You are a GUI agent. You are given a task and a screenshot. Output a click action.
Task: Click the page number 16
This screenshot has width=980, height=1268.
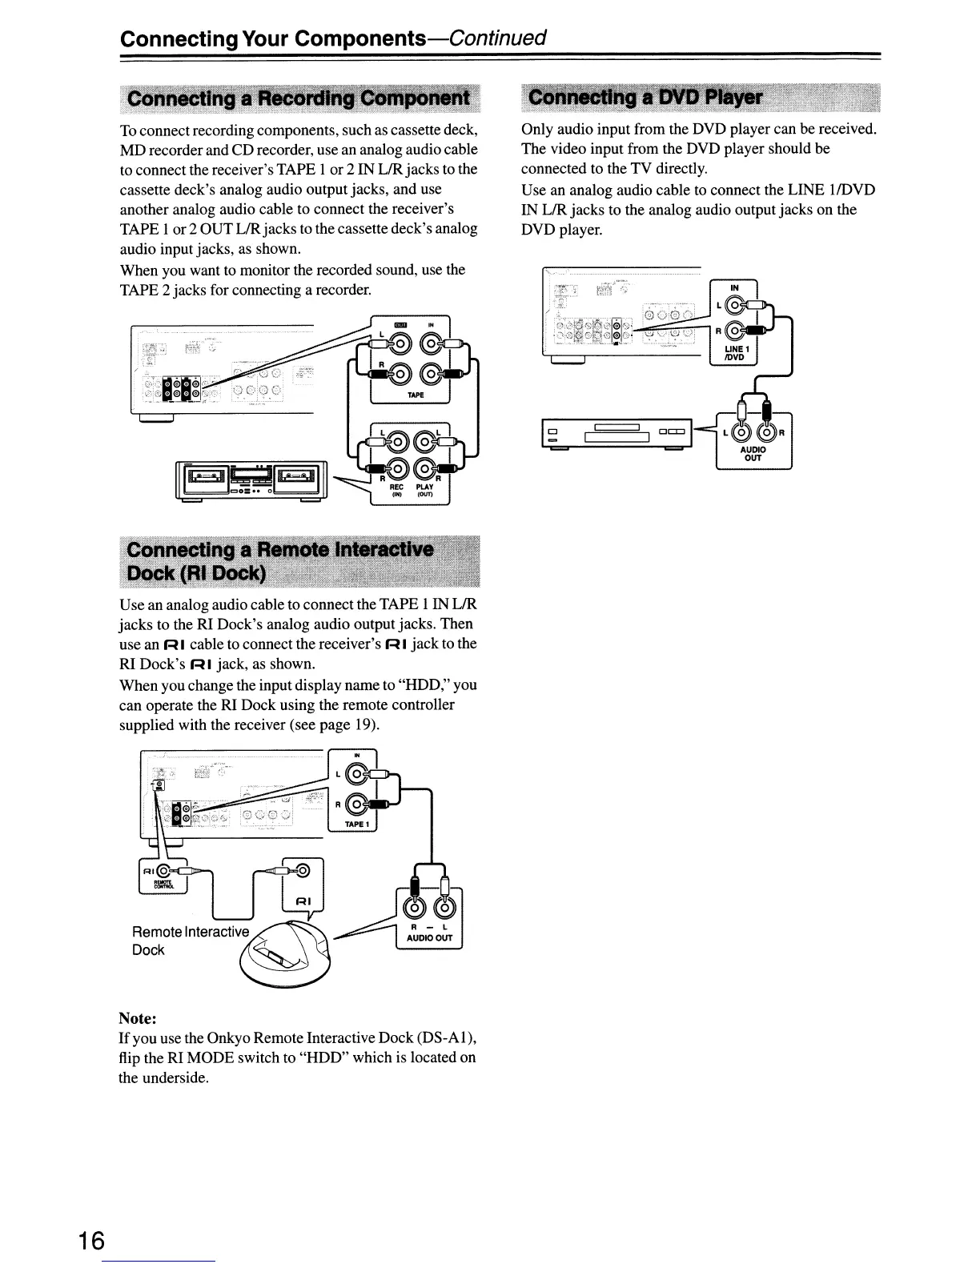coord(92,1240)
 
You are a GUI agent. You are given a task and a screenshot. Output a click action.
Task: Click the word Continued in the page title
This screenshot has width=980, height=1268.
coord(497,38)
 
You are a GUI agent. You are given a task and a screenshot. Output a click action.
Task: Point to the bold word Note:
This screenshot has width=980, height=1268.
coord(137,1018)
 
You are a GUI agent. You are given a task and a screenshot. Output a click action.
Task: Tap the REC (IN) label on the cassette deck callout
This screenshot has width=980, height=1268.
coord(396,490)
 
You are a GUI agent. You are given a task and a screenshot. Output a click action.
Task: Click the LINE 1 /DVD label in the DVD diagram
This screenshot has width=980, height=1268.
coord(734,352)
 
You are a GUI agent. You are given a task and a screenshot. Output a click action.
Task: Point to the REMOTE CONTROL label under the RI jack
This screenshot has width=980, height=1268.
coord(162,885)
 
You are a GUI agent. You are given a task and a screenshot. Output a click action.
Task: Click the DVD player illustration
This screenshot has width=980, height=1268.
coord(616,433)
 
